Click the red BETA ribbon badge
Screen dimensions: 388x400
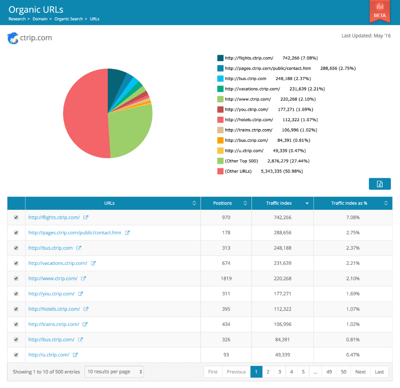tap(379, 11)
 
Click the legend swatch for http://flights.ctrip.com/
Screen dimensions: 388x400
tap(220, 58)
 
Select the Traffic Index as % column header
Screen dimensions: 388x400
tap(350, 203)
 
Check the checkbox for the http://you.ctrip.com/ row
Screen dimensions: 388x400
tap(16, 294)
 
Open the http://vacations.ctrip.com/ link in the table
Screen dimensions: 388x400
tap(57, 263)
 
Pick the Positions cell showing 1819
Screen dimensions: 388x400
tap(226, 278)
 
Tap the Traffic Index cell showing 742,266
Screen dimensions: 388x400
tap(282, 218)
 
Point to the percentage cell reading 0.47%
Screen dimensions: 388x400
tap(352, 355)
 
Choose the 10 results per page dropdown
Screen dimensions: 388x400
tap(114, 372)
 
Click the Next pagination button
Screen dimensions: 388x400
tap(360, 372)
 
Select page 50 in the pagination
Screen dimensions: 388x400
tap(343, 372)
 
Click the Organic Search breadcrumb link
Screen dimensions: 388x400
tap(69, 19)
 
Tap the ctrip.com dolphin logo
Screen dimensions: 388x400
tap(12, 38)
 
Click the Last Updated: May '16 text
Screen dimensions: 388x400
tap(365, 36)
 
